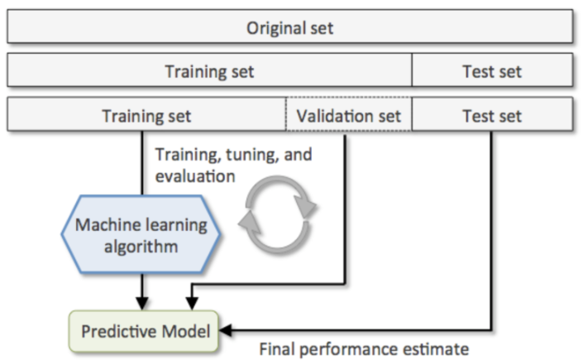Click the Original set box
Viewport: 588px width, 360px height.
[x=289, y=28]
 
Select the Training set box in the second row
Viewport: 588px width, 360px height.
[x=209, y=71]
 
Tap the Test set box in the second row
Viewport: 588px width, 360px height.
[x=492, y=71]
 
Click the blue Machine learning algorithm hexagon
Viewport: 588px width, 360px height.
[x=141, y=235]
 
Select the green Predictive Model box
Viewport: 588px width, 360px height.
[x=145, y=331]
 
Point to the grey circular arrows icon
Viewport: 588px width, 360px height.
[x=278, y=211]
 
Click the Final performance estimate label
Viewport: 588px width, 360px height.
[x=365, y=348]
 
